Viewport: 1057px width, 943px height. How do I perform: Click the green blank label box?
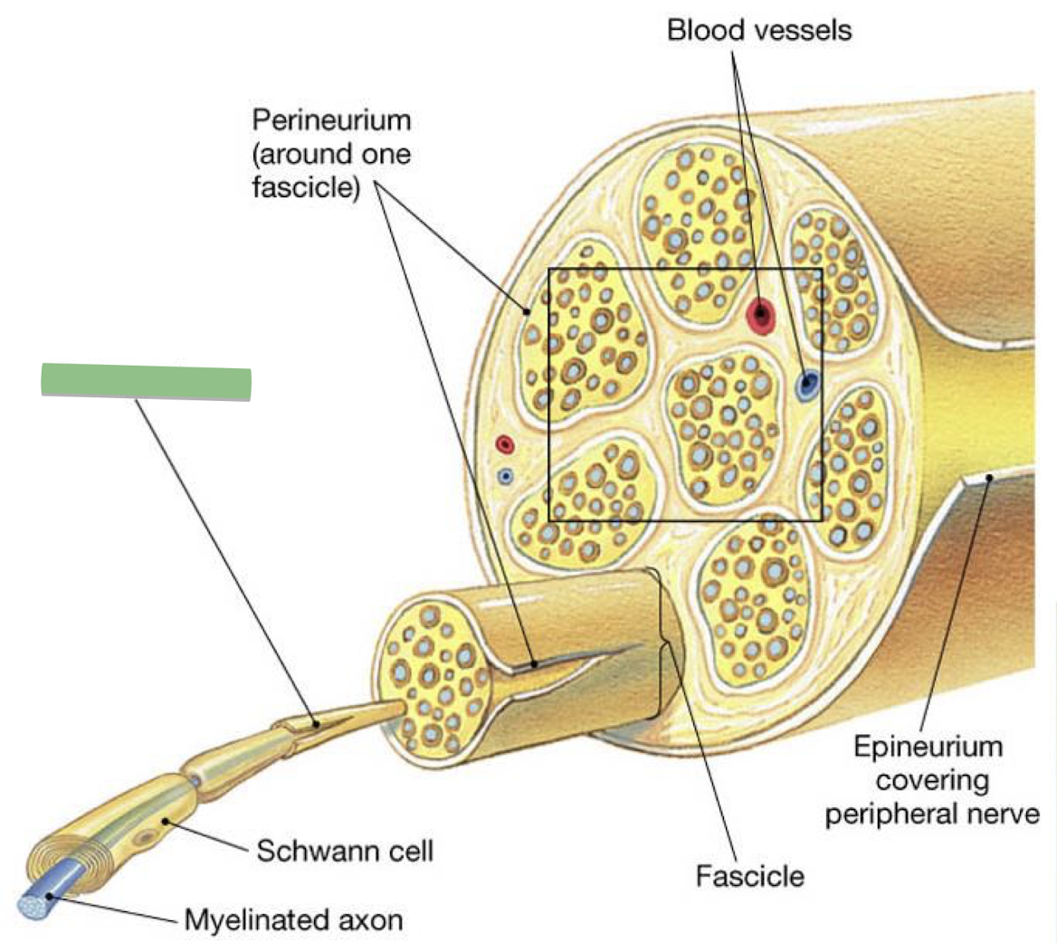click(146, 381)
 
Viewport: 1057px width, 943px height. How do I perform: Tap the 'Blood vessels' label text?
click(758, 30)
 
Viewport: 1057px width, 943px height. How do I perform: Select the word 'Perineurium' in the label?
click(332, 119)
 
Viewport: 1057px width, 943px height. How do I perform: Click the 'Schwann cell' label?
click(345, 851)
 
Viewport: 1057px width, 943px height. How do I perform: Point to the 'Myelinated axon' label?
click(293, 920)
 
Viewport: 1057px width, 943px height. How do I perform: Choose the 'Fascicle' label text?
click(749, 875)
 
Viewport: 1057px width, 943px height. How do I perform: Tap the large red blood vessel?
click(761, 315)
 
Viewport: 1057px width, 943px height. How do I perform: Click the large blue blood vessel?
click(807, 386)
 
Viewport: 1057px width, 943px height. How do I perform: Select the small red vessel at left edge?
click(505, 444)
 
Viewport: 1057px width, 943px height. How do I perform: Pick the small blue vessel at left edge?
click(506, 475)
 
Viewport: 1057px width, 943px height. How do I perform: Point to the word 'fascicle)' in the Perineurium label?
click(307, 188)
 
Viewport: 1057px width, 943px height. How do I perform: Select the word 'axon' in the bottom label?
click(370, 920)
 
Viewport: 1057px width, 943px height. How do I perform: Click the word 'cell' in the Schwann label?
click(408, 851)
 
